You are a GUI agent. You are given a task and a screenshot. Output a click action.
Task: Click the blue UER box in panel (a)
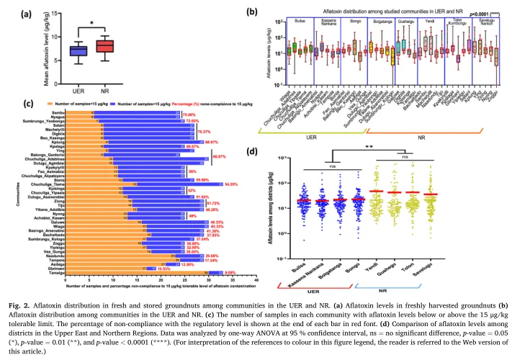[78, 50]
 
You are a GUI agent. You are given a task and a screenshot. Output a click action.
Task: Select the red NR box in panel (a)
[105, 47]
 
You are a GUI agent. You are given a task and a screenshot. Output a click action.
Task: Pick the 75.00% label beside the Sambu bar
[189, 114]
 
